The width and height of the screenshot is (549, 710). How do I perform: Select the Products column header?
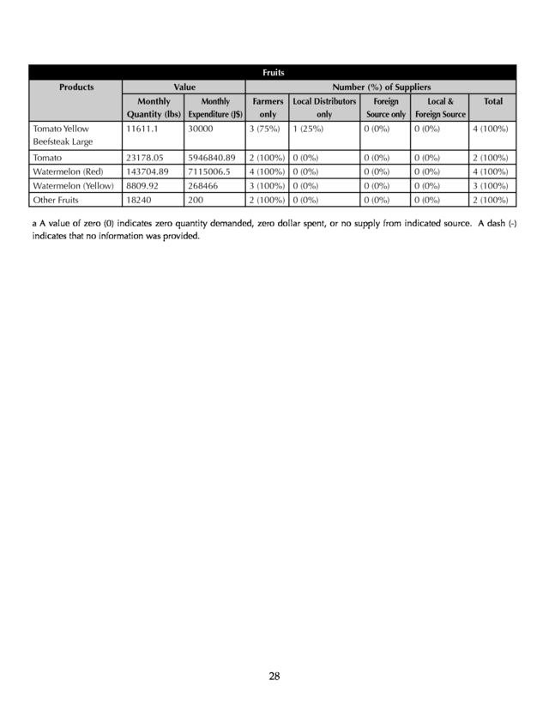click(x=76, y=87)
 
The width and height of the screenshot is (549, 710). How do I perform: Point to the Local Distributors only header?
click(x=323, y=107)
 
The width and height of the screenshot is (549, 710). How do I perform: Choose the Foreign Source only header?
click(x=385, y=107)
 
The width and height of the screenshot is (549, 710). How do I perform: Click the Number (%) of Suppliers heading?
click(x=381, y=87)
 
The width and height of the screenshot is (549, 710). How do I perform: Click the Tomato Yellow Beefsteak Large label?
click(x=62, y=135)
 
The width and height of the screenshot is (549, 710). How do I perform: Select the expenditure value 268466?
click(x=205, y=185)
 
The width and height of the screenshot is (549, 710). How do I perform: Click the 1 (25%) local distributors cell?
click(x=306, y=129)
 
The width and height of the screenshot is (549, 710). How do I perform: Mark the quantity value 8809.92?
click(x=145, y=185)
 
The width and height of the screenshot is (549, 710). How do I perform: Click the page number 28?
click(x=274, y=677)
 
